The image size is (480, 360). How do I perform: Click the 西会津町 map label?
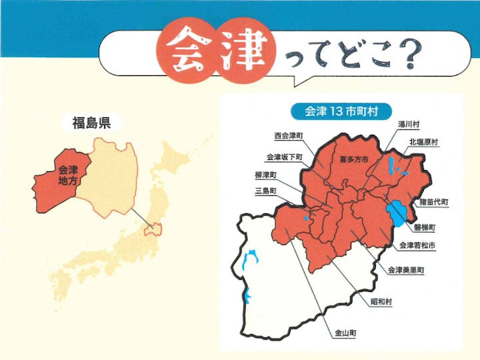pos(288,135)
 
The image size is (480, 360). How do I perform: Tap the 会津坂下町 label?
pos(284,157)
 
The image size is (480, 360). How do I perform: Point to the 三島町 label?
pos(265,191)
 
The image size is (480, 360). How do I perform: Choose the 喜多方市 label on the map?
pos(354,159)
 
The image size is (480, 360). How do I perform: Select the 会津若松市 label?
pos(418,246)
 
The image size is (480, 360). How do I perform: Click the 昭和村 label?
pos(381,301)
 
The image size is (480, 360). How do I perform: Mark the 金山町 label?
pos(342,331)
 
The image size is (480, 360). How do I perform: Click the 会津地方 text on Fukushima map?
pos(67,175)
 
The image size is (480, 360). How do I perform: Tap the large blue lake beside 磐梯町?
pos(398,213)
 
